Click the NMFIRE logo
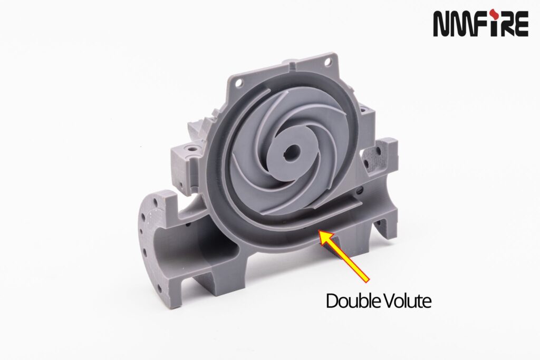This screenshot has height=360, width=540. (x=480, y=23)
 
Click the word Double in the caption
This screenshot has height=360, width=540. (x=351, y=301)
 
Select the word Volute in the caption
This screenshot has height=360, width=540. (x=406, y=301)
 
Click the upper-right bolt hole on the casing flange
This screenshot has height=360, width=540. (x=327, y=62)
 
